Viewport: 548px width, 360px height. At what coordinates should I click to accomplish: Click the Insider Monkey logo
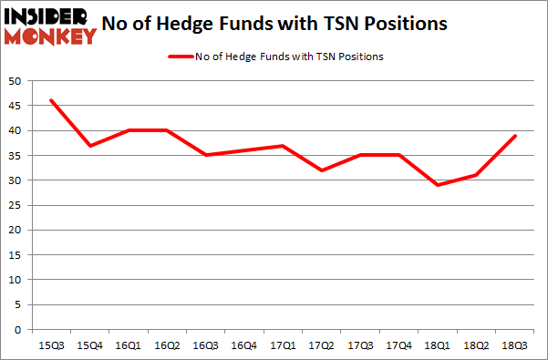pyautogui.click(x=51, y=25)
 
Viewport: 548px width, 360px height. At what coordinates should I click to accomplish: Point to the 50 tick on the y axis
pyautogui.click(x=16, y=81)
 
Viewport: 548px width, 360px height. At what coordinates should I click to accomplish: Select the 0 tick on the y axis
pyautogui.click(x=19, y=330)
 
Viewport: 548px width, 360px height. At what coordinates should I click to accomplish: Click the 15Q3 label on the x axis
pyautogui.click(x=52, y=345)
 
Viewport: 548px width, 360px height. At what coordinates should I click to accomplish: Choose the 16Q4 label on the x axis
pyautogui.click(x=243, y=345)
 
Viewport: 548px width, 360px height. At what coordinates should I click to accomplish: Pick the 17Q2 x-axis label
pyautogui.click(x=323, y=345)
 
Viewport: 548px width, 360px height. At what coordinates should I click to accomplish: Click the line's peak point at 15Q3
pyautogui.click(x=52, y=100)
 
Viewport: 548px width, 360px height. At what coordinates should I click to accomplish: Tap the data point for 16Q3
pyautogui.click(x=207, y=155)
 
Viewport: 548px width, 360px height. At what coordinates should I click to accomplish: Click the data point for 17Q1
pyautogui.click(x=284, y=146)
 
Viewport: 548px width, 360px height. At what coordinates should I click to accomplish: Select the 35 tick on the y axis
pyautogui.click(x=16, y=156)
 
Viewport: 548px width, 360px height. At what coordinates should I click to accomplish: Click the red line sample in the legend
pyautogui.click(x=180, y=57)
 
